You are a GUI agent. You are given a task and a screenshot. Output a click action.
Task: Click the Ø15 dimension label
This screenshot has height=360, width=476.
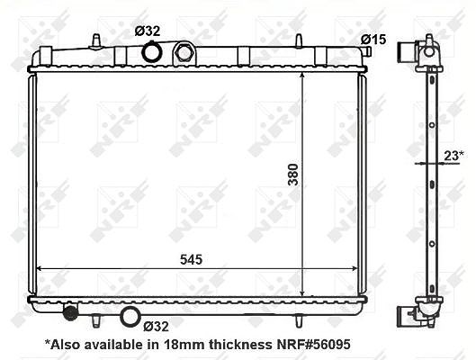click(x=373, y=40)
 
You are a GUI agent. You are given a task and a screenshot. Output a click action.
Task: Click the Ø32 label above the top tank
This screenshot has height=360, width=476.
click(x=148, y=31)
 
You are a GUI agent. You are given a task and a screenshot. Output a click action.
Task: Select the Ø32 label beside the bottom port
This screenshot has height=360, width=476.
click(x=156, y=327)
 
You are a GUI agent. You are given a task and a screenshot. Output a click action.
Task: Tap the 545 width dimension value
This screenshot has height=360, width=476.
click(x=191, y=260)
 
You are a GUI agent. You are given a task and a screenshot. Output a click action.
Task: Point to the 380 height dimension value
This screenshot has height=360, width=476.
click(x=293, y=175)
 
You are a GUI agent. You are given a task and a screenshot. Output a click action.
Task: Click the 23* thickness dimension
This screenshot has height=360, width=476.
click(x=454, y=156)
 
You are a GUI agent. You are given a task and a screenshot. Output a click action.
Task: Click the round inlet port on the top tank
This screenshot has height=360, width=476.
click(x=152, y=52)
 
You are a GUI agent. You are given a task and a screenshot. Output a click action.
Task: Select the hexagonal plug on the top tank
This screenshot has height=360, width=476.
click(x=184, y=52)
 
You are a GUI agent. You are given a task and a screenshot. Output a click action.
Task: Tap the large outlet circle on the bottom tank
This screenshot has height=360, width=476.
click(x=130, y=317)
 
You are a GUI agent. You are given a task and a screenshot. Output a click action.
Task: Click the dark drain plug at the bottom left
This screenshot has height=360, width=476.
click(x=70, y=312)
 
